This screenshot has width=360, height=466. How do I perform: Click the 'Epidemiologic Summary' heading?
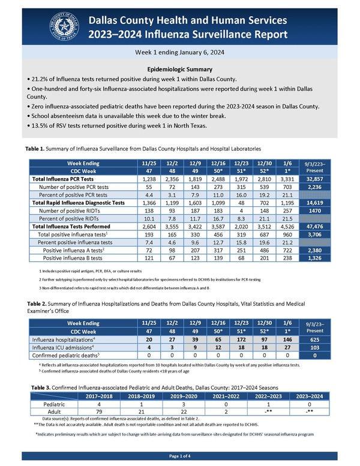tap(180, 68)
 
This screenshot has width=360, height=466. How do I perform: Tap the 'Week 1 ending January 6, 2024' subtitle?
tap(180, 52)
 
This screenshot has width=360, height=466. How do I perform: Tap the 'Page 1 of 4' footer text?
tap(180, 457)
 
